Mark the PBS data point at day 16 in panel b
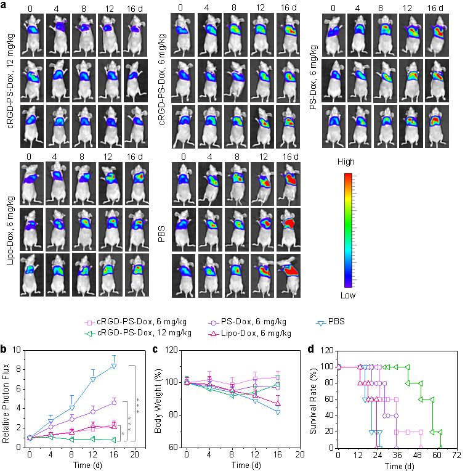114,366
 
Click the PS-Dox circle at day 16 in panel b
114,402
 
